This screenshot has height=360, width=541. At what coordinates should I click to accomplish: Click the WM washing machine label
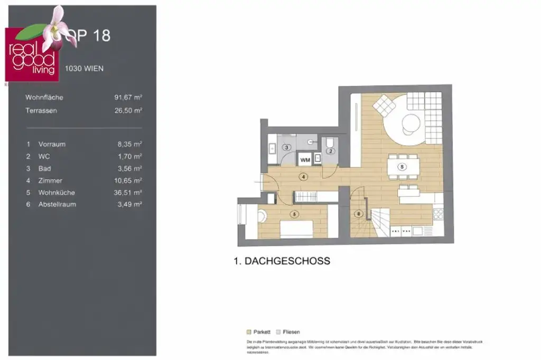305,158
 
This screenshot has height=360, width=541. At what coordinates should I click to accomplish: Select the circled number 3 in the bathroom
287,148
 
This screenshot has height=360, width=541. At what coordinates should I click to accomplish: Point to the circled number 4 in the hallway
303,177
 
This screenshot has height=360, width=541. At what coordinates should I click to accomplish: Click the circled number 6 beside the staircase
359,214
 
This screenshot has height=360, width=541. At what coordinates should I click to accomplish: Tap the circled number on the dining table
403,167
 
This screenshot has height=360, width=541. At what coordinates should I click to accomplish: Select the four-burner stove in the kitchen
438,214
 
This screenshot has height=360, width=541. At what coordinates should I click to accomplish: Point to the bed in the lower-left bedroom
295,228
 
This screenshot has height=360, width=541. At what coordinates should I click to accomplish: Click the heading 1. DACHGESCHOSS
282,261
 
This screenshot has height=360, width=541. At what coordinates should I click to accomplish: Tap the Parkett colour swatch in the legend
249,332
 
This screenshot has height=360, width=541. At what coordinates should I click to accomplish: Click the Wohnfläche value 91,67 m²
128,98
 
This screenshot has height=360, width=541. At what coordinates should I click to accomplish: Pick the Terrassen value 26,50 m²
128,111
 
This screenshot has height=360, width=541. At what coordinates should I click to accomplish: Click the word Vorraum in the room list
52,144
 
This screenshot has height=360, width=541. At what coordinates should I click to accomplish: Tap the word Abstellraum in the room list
57,204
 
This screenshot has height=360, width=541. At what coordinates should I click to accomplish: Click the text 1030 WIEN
84,69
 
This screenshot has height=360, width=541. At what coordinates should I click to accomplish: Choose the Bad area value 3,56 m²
129,168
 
